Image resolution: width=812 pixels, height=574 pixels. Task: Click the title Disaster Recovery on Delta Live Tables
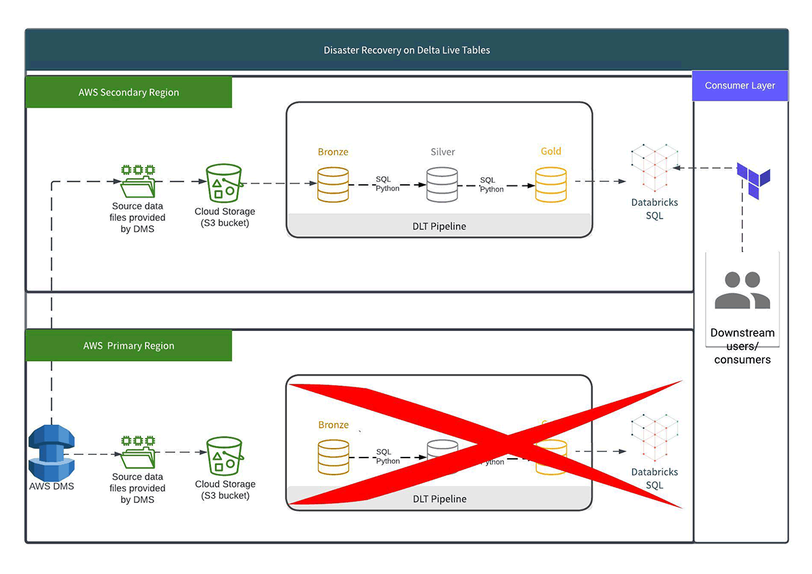click(x=407, y=50)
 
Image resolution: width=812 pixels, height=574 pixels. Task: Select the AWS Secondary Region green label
click(x=129, y=92)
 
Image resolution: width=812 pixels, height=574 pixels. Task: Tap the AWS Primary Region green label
click(x=129, y=345)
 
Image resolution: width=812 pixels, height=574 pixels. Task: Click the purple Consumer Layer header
click(x=740, y=85)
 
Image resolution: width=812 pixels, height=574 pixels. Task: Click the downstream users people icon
click(x=742, y=290)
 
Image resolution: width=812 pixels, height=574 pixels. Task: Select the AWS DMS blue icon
click(x=51, y=452)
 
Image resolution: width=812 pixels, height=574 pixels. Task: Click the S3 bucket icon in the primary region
click(x=225, y=455)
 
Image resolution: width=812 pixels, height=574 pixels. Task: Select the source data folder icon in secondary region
click(x=137, y=181)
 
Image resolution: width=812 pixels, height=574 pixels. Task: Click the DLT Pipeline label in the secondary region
click(x=439, y=226)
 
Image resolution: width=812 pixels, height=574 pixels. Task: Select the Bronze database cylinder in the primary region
click(x=333, y=456)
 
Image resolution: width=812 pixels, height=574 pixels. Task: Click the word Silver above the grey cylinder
click(x=443, y=152)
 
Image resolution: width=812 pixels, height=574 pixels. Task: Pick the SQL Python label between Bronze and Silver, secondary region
click(x=388, y=184)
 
